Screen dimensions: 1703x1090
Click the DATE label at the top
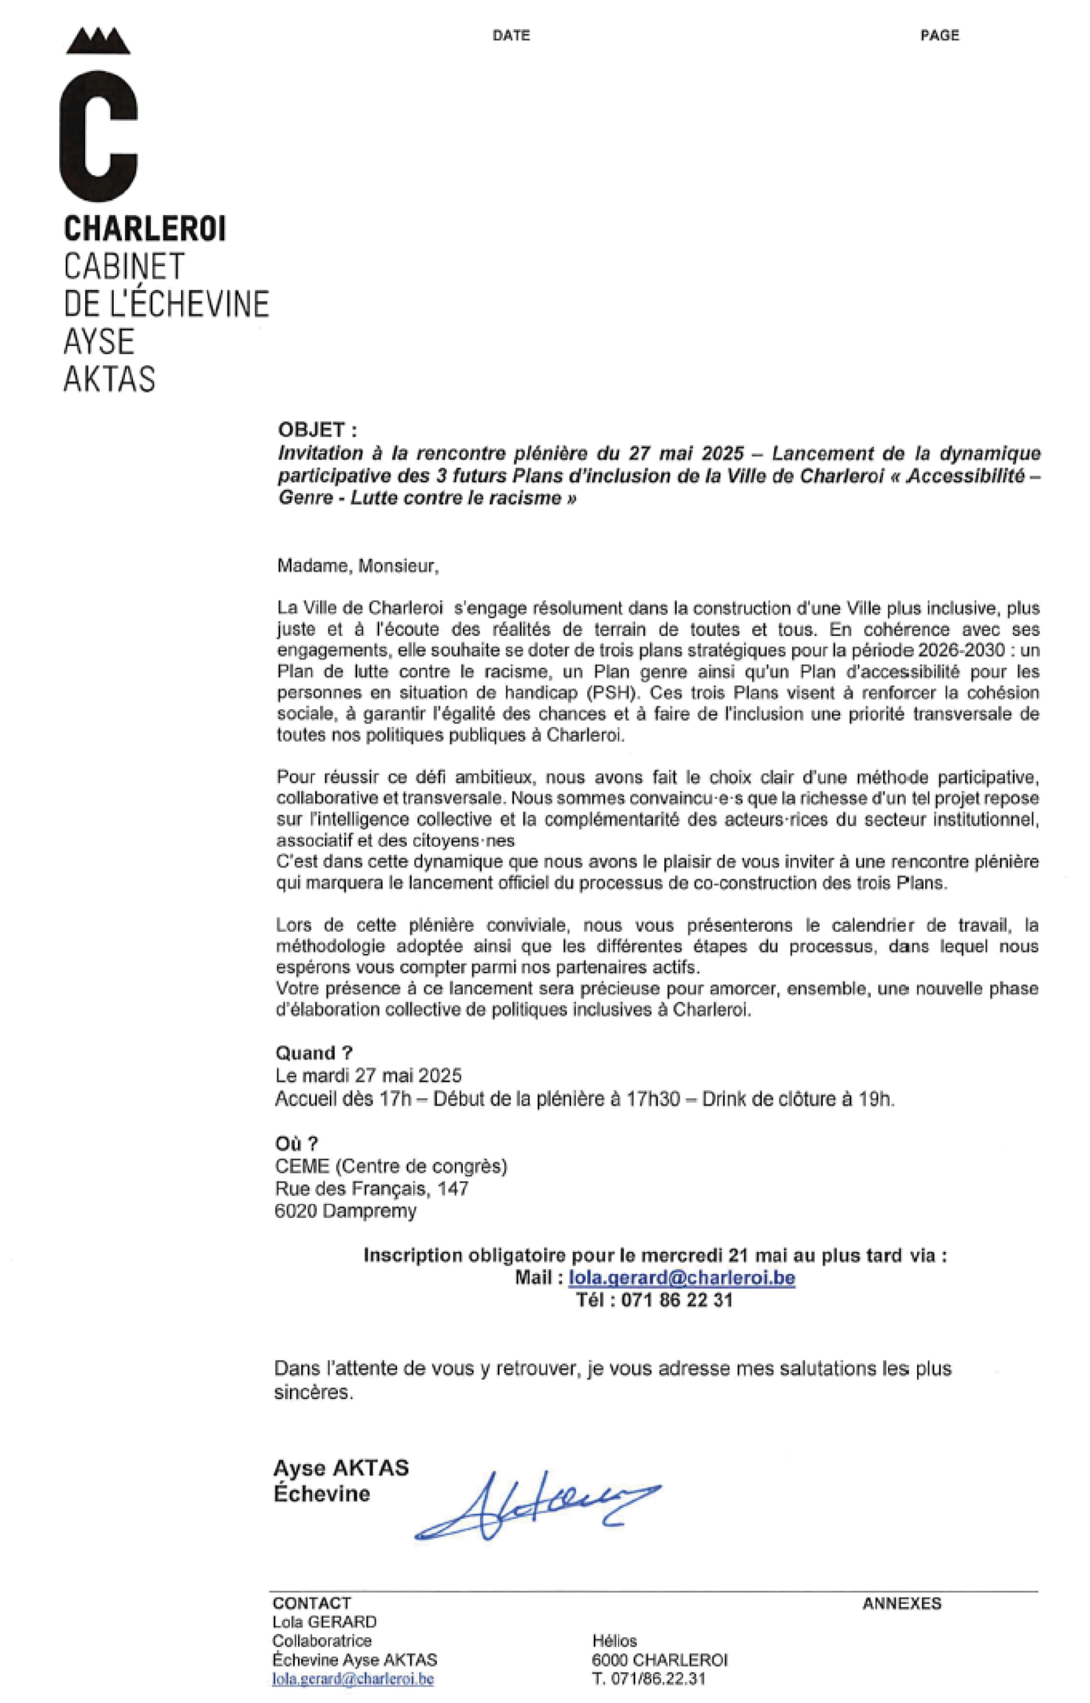coord(511,35)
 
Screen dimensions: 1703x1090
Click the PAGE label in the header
coord(939,35)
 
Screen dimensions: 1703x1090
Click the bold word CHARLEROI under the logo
coord(144,229)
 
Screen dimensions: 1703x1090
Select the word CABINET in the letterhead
coord(124,267)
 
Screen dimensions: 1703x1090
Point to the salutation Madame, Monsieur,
coord(357,566)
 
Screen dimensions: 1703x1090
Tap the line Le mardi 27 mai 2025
coord(368,1076)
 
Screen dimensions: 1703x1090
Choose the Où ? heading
coord(297,1144)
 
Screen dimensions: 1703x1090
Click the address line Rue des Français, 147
coord(372,1188)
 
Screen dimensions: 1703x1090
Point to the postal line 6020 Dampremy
coord(345,1211)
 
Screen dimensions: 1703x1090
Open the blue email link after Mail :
coord(682,1278)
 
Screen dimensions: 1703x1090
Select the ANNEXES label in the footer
coord(902,1604)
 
